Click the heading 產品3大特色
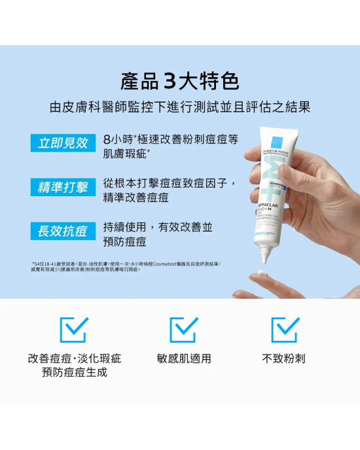(x=179, y=82)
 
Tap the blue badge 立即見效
(x=63, y=143)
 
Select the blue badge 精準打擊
(x=63, y=187)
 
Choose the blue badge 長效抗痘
(x=63, y=231)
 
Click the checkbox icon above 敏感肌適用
(x=183, y=330)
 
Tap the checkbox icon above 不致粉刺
(x=285, y=330)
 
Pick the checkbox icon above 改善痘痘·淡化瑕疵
(x=73, y=330)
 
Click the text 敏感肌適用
(x=183, y=359)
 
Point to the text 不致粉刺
(x=284, y=359)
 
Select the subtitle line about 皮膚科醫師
(x=179, y=107)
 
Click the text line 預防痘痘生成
(x=74, y=373)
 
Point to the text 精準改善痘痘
(x=136, y=198)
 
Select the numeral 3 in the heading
(x=170, y=82)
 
